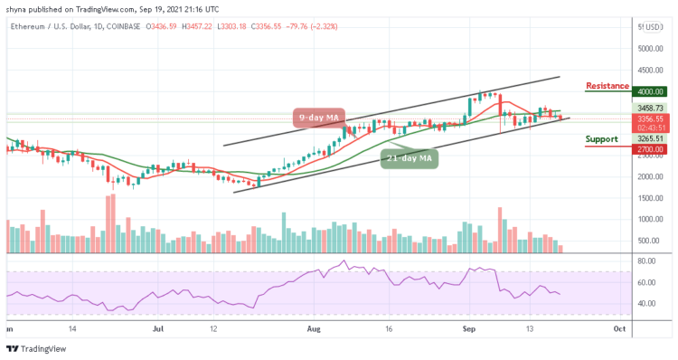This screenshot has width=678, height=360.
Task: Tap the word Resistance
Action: click(607, 86)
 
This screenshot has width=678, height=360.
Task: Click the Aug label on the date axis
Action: click(314, 328)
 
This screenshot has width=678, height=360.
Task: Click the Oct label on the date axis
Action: click(620, 328)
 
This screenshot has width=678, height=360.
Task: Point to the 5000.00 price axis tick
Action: click(647, 49)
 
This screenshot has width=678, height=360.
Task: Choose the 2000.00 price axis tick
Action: click(647, 176)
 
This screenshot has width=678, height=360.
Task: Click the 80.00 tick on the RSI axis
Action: click(645, 261)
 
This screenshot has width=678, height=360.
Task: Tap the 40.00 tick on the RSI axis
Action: click(645, 303)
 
